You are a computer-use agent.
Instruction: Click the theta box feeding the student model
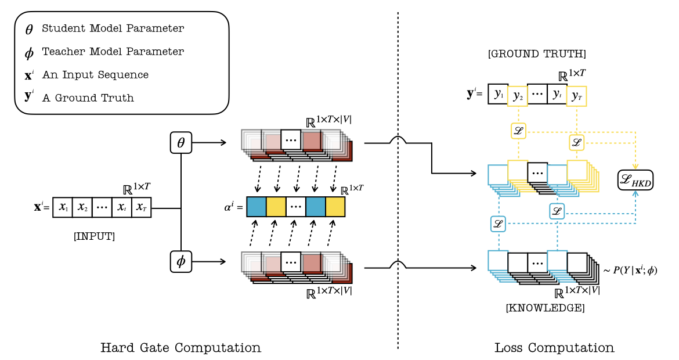pyautogui.click(x=180, y=142)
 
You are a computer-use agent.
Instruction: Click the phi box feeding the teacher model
pyautogui.click(x=180, y=261)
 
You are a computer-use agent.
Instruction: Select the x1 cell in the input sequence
pyautogui.click(x=63, y=207)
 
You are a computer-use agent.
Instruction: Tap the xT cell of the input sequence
pyautogui.click(x=141, y=207)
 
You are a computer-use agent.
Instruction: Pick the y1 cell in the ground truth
pyautogui.click(x=498, y=93)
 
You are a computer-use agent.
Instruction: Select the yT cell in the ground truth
pyautogui.click(x=577, y=95)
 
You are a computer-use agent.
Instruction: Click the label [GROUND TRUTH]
pyautogui.click(x=537, y=54)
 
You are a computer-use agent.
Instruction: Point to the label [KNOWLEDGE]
pyautogui.click(x=545, y=308)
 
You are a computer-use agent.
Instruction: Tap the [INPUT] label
pyautogui.click(x=94, y=236)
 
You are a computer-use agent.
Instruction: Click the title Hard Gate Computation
pyautogui.click(x=180, y=348)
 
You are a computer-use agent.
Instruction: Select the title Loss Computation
pyautogui.click(x=554, y=348)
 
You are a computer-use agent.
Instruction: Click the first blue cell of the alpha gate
pyautogui.click(x=257, y=207)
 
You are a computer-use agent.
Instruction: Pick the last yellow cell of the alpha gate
pyautogui.click(x=335, y=207)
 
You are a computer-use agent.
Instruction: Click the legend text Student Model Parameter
pyautogui.click(x=113, y=28)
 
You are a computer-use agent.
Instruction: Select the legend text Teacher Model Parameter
pyautogui.click(x=113, y=52)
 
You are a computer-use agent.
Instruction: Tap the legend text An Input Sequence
pyautogui.click(x=95, y=75)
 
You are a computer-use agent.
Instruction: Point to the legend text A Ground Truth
pyautogui.click(x=88, y=98)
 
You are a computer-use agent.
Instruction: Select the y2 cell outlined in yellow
pyautogui.click(x=518, y=95)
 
